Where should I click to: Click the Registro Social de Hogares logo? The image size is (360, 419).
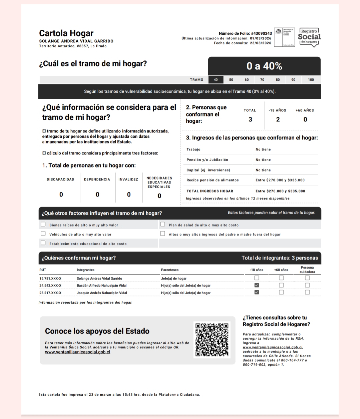coord(309,37)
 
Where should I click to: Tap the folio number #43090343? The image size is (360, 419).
coord(261,33)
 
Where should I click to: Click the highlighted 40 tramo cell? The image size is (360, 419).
coord(216,80)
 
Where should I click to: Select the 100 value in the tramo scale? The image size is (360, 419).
coord(311,80)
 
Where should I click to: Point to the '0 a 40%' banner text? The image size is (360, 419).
coord(264,66)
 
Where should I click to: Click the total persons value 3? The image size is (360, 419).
coord(250,119)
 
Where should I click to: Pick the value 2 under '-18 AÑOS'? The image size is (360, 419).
coord(278,119)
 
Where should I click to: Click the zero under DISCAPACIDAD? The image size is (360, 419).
coord(61,194)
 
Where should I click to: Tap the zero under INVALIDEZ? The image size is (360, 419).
coord(129,194)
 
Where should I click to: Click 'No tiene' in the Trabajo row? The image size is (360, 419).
coord(263,149)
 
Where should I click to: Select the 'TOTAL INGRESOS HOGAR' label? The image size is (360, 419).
coord(210,191)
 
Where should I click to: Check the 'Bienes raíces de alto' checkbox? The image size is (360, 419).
coord(43,224)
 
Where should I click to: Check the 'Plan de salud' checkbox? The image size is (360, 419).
coord(163,224)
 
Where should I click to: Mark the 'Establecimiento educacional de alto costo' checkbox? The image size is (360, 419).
coord(43,243)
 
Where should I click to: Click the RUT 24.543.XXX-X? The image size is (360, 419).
coord(50,286)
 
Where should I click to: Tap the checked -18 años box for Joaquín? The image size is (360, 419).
coord(257,292)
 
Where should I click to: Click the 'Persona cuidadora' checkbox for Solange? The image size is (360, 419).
coord(307,278)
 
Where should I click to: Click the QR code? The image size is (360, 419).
coord(212,339)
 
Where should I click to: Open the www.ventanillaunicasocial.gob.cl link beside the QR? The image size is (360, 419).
coord(77,352)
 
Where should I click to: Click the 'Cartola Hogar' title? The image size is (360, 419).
coord(66,33)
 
